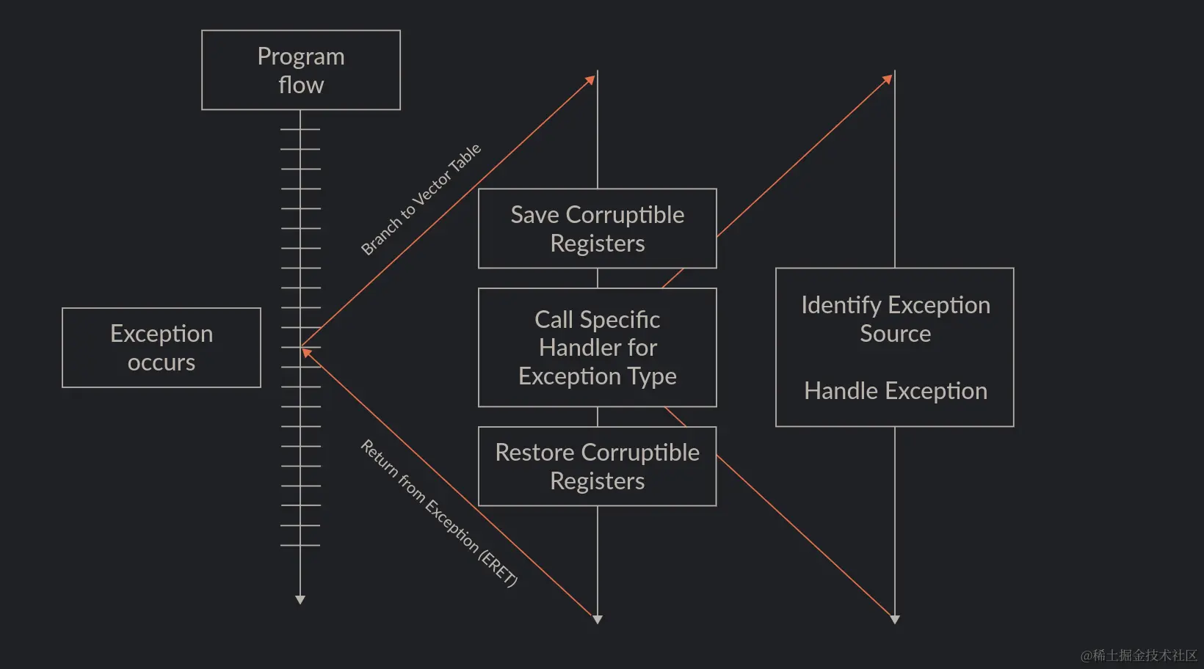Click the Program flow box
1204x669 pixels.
pyautogui.click(x=301, y=70)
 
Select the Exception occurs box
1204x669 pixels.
pyautogui.click(x=162, y=348)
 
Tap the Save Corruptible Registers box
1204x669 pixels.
pyautogui.click(x=597, y=228)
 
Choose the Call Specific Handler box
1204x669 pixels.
pyautogui.click(x=597, y=347)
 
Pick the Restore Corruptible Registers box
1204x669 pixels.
pyautogui.click(x=597, y=466)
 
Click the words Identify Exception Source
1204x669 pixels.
pyautogui.click(x=895, y=319)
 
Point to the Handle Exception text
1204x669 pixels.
pyautogui.click(x=895, y=391)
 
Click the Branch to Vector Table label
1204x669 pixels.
pyautogui.click(x=421, y=200)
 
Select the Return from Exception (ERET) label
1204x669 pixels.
pyautogui.click(x=439, y=513)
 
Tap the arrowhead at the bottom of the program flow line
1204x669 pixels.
pyautogui.click(x=300, y=600)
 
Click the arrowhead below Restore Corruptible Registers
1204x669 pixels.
pyautogui.click(x=598, y=620)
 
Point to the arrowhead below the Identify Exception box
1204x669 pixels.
pyautogui.click(x=895, y=620)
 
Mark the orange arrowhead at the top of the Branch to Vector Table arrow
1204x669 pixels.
pyautogui.click(x=590, y=80)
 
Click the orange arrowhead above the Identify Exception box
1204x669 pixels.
pyautogui.click(x=888, y=78)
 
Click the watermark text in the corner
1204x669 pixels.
pyautogui.click(x=1139, y=655)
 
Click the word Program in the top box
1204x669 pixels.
pyautogui.click(x=301, y=56)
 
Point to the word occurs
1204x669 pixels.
pyautogui.click(x=162, y=362)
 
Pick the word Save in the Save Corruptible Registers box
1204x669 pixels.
pyautogui.click(x=534, y=215)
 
